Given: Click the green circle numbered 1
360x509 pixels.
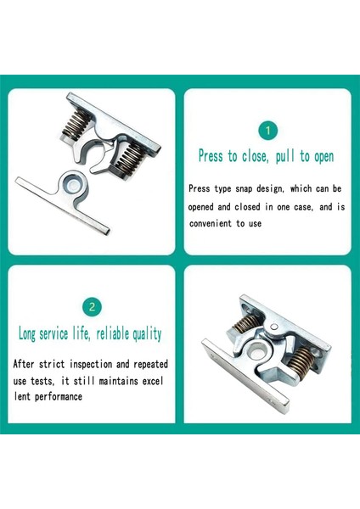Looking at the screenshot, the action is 267,131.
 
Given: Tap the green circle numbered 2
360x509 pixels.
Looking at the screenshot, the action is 92,307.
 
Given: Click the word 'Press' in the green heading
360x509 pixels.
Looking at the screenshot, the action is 211,156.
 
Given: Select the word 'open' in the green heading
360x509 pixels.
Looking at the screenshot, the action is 323,157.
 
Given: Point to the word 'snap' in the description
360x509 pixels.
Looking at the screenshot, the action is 244,189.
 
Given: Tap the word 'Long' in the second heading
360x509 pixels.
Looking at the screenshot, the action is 26,334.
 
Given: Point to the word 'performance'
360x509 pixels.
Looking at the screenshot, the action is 59,397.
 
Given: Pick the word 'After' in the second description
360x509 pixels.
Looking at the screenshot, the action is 24,364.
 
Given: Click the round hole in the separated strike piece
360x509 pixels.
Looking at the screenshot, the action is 73,185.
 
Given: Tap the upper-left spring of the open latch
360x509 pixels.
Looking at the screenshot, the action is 76,124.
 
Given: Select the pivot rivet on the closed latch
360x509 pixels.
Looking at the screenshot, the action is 275,327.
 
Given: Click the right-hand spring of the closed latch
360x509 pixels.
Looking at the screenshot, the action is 301,361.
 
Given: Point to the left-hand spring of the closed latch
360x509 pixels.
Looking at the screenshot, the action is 246,324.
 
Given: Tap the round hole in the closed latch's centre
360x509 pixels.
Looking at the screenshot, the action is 257,351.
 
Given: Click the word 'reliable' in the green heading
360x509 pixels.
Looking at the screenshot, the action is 113,333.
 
